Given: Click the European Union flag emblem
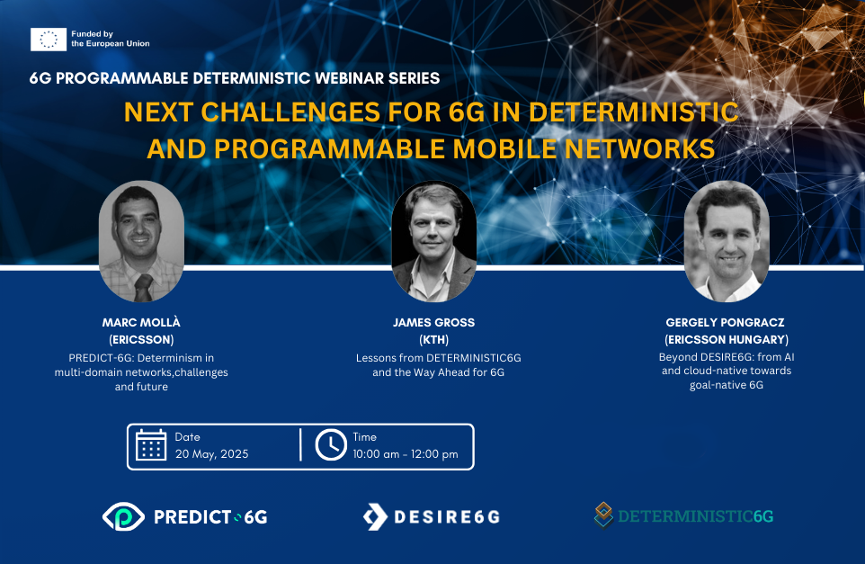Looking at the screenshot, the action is coord(49,40).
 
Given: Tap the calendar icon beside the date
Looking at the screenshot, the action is coord(150,444).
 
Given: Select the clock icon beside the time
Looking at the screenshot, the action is coord(331,444).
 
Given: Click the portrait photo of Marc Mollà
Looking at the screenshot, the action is coord(141,241).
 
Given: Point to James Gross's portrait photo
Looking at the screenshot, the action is coord(433,241).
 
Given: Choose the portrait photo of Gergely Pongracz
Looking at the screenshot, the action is coord(727,241).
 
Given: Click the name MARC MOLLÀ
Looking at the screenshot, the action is coord(141,322).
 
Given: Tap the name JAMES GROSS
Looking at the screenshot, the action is coord(433,322).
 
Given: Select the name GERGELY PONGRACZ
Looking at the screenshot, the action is coord(726,322).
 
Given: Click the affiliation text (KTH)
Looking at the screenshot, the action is coord(434,339).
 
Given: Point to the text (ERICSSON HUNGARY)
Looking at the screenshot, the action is coord(727,339).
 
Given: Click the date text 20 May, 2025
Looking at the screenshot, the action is coord(212,454).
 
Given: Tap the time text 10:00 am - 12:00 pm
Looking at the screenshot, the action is coord(406,454).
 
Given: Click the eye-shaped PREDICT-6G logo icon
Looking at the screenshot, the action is coord(123,516).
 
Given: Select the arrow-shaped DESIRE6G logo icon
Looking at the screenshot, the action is coord(375,517).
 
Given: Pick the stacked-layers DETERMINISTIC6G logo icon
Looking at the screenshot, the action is coord(603,515).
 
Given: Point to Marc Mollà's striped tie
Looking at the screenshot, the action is coord(144,288).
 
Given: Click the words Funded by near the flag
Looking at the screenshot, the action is coord(92,34).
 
